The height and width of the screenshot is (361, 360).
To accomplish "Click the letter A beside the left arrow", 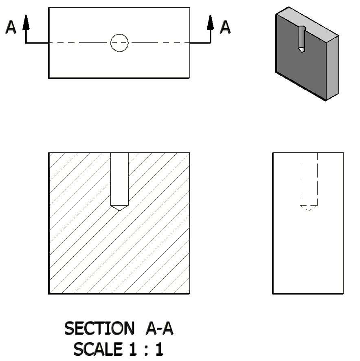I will [x=11, y=27].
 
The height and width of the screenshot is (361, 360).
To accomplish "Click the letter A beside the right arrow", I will [x=225, y=27].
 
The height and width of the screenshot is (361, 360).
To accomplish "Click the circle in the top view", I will [x=119, y=43].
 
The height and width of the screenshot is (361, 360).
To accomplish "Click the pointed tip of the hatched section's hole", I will [x=119, y=210].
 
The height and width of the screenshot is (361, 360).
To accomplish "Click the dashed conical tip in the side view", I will [x=309, y=209].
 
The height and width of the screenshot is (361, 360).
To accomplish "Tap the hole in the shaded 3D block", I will [x=302, y=39].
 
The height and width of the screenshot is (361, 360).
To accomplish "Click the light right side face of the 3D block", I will [x=333, y=67].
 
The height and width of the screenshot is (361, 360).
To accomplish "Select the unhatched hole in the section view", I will [x=119, y=179].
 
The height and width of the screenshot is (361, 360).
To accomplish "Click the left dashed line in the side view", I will [x=300, y=179].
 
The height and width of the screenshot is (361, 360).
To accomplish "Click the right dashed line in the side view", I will [x=317, y=179].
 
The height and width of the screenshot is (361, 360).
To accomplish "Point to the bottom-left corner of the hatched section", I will [x=49, y=293].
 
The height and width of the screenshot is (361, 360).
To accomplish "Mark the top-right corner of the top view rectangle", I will [x=189, y=8].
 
